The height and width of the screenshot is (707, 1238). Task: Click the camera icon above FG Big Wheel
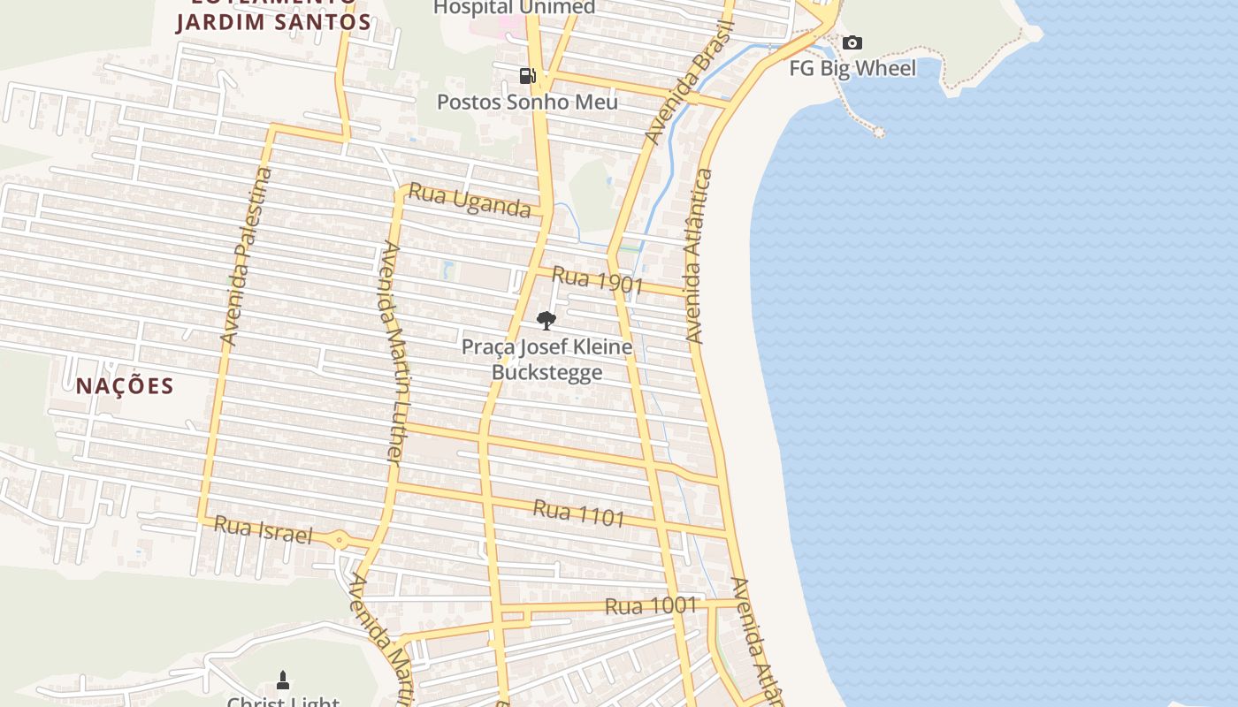[x=852, y=42]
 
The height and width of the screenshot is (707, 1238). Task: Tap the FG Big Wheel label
[x=852, y=68]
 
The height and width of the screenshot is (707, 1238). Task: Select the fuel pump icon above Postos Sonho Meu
[x=528, y=75]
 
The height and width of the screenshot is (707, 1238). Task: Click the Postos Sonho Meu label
[x=528, y=102]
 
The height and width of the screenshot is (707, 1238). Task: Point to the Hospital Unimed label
[x=514, y=7]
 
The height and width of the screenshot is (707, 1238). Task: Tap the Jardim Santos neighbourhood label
[x=273, y=22]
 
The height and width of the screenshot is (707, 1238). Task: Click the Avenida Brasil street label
[x=690, y=84]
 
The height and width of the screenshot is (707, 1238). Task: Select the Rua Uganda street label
[x=470, y=201]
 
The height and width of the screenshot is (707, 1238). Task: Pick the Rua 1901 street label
[x=597, y=280]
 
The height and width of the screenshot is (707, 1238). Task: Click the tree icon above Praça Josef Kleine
[x=546, y=320]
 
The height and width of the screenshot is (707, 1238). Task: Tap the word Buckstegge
[x=546, y=372]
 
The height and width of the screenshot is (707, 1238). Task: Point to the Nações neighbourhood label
[x=125, y=385]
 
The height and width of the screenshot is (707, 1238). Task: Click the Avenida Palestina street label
[x=247, y=256]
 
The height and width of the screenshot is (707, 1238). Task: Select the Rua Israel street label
[x=264, y=530]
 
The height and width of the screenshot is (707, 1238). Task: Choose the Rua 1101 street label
[x=579, y=513]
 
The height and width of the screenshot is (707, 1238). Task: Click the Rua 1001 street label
[x=651, y=606]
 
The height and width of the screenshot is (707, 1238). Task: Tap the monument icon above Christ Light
[x=283, y=680]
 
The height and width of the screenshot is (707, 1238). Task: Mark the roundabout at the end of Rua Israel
[x=340, y=540]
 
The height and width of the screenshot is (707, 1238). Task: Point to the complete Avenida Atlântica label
[x=699, y=256]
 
